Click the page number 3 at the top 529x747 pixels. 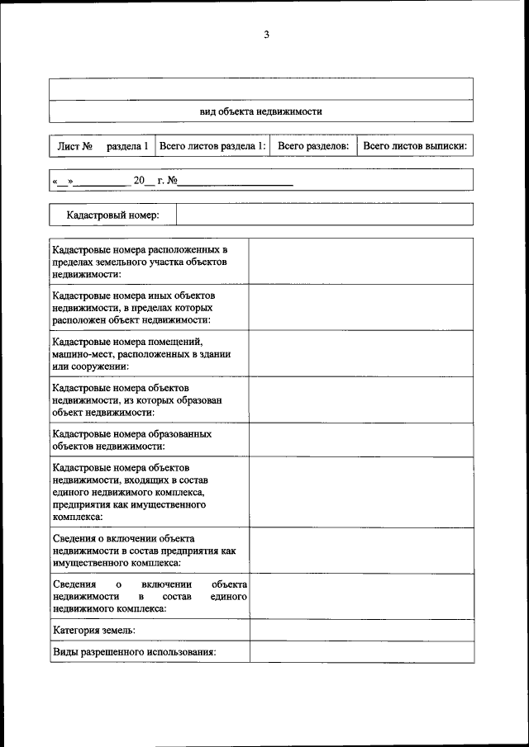[266, 34]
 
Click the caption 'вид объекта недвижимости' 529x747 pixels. [260, 111]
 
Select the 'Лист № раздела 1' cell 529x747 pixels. [102, 146]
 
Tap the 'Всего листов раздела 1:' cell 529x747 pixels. [212, 146]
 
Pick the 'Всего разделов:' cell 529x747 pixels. [313, 146]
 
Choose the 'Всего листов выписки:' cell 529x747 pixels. [415, 146]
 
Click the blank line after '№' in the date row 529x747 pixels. [236, 181]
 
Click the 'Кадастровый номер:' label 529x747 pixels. [113, 215]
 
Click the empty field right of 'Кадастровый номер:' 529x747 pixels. [325, 215]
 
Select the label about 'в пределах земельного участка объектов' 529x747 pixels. [140, 261]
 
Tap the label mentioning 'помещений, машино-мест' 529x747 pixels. [141, 353]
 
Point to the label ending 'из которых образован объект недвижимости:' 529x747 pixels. [137, 400]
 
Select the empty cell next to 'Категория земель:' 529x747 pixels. [361, 630]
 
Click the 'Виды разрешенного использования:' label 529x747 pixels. [134, 651]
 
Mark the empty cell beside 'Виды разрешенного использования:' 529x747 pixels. [361, 651]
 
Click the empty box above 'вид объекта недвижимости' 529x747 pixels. [260, 88]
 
